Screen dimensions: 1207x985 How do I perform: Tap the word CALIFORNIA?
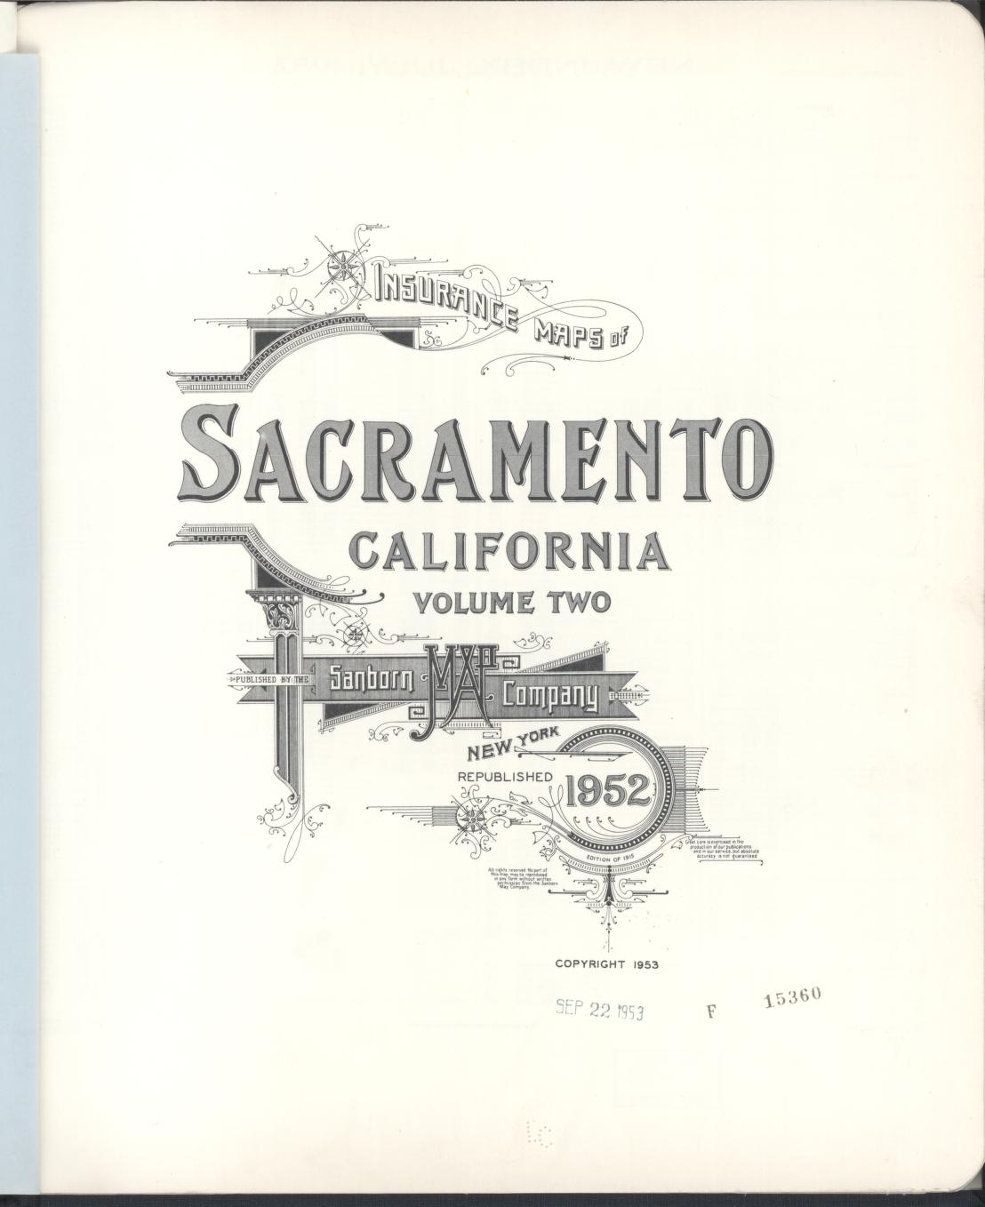click(510, 553)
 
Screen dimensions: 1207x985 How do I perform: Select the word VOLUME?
click(471, 603)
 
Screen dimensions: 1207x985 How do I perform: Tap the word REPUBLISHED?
click(505, 777)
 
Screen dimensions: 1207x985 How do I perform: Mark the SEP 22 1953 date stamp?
click(599, 1007)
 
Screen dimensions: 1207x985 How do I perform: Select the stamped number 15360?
click(796, 997)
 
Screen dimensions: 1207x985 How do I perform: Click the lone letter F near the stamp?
click(711, 1011)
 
